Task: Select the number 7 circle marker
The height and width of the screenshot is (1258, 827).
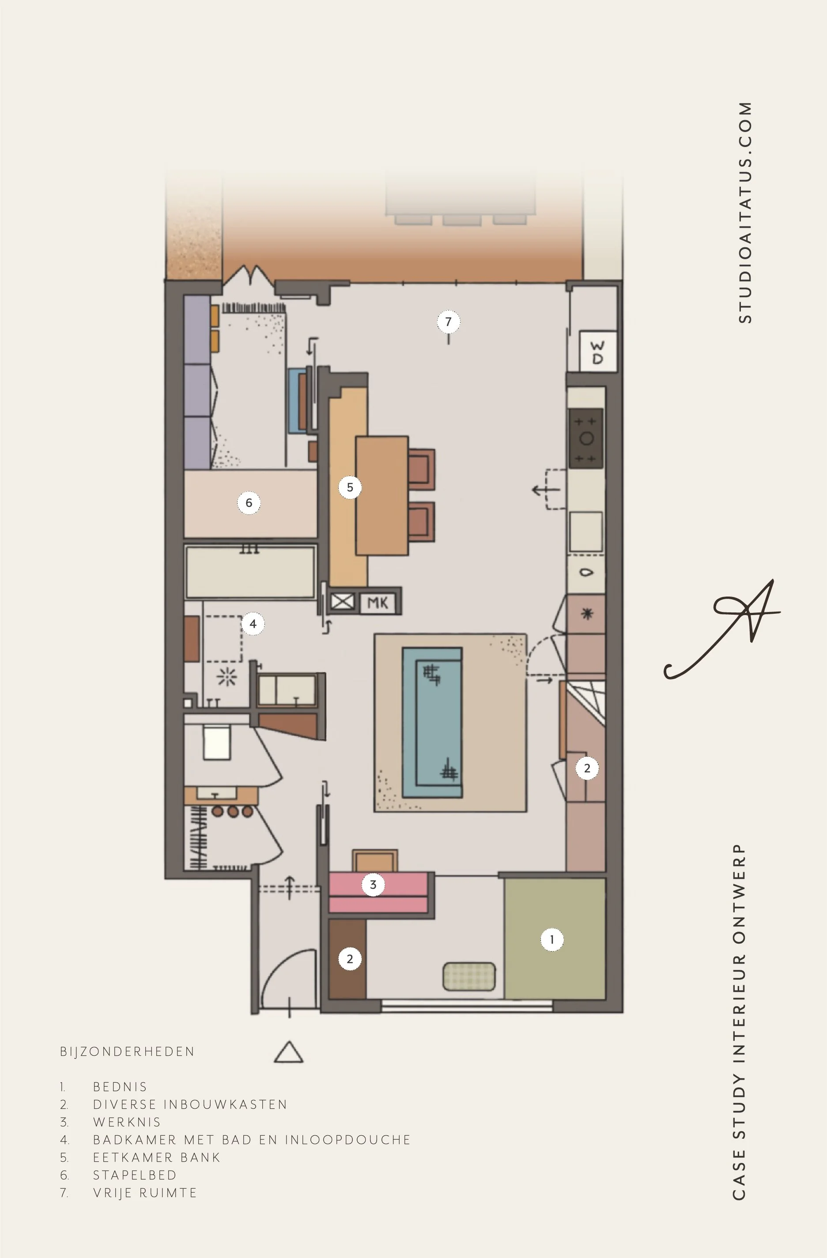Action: click(x=448, y=321)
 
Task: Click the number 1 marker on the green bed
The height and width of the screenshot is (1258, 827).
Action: click(x=551, y=940)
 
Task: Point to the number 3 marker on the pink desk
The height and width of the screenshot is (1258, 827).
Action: click(x=373, y=885)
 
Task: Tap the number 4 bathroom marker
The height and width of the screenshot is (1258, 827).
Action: click(x=253, y=624)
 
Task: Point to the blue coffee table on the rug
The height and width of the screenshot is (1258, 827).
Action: click(x=432, y=722)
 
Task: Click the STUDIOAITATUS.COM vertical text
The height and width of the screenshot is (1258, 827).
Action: click(x=744, y=212)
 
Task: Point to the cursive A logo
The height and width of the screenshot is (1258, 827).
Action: click(x=722, y=629)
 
